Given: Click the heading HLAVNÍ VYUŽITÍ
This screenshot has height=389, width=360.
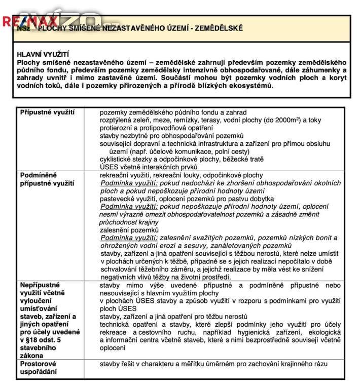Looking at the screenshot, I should tap(43, 53).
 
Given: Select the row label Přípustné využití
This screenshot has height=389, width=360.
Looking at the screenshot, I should tap(47, 112).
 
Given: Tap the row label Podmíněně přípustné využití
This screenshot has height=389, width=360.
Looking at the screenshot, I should tap(47, 179).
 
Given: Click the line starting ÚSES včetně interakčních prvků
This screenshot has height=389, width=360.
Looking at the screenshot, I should tap(149, 167).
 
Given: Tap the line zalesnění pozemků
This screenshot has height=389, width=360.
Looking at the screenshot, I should tap(129, 230).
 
